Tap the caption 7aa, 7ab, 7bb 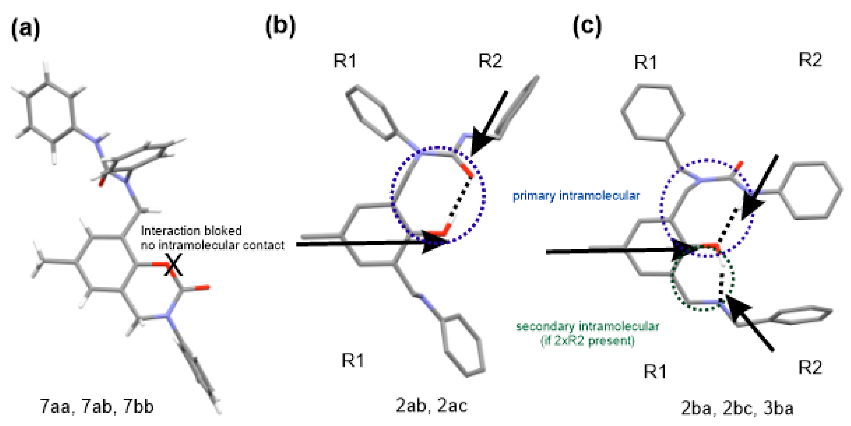pyautogui.click(x=97, y=406)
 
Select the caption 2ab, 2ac pyautogui.click(x=432, y=405)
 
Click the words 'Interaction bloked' pyautogui.click(x=191, y=231)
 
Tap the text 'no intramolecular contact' pyautogui.click(x=213, y=245)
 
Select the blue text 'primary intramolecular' pyautogui.click(x=576, y=196)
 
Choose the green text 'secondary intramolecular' pyautogui.click(x=587, y=326)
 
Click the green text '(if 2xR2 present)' pyautogui.click(x=587, y=341)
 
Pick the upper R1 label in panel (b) pyautogui.click(x=345, y=61)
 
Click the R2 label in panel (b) pyautogui.click(x=490, y=61)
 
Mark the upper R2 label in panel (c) pyautogui.click(x=810, y=60)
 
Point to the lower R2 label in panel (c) pyautogui.click(x=810, y=367)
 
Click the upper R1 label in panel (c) pyautogui.click(x=646, y=62)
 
